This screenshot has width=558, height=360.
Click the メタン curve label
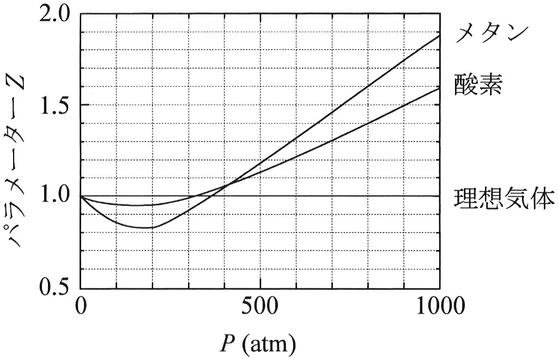pyautogui.click(x=491, y=34)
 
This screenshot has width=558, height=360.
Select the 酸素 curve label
pyautogui.click(x=478, y=84)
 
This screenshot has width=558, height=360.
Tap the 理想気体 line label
pyautogui.click(x=504, y=198)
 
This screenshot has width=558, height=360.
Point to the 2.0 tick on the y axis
pyautogui.click(x=56, y=14)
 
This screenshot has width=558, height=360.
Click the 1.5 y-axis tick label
pyautogui.click(x=56, y=105)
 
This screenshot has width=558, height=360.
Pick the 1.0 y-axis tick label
pyautogui.click(x=56, y=196)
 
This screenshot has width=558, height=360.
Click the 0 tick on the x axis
pyautogui.click(x=81, y=306)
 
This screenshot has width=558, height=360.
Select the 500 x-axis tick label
pyautogui.click(x=260, y=306)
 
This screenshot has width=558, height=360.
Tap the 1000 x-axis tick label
pyautogui.click(x=440, y=306)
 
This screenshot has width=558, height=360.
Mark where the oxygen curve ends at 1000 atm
pyautogui.click(x=440, y=88)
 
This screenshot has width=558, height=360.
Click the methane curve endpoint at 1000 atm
pyautogui.click(x=440, y=35)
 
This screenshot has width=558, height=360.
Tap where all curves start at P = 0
pyautogui.click(x=81, y=196)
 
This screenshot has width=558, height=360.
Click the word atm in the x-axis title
pyautogui.click(x=270, y=344)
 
